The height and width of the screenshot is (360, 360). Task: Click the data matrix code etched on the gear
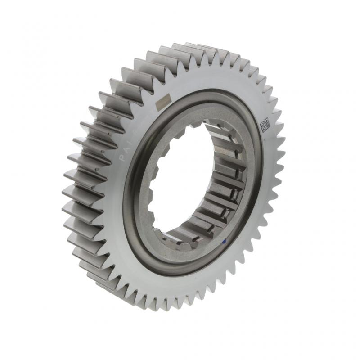265,124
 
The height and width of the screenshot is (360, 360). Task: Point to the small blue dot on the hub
224,242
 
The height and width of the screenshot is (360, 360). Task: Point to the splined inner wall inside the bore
225,180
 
